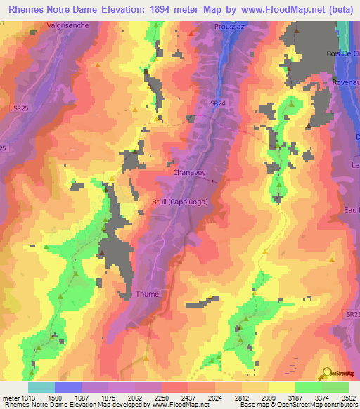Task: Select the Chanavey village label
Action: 188,171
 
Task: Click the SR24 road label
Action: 217,103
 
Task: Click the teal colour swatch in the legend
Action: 41,387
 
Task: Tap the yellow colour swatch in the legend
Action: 281,387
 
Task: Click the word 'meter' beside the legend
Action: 10,398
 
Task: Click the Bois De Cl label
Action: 343,53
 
